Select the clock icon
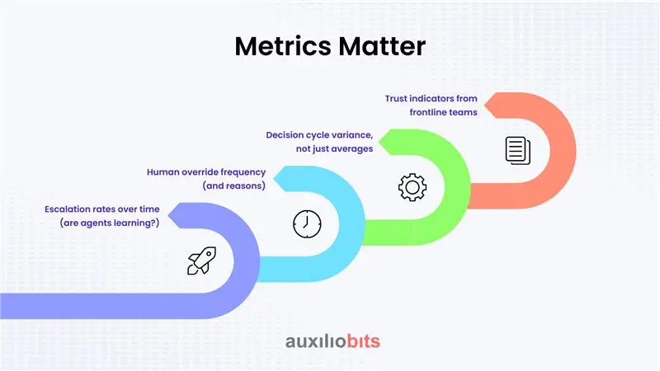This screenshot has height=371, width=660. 306,223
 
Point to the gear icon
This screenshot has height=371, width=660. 412,186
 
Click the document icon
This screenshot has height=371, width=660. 517,149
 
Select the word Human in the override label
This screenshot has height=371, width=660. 163,172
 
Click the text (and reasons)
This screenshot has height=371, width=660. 234,186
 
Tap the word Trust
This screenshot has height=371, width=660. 398,98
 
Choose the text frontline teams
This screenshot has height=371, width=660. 443,112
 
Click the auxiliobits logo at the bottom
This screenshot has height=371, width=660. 332,341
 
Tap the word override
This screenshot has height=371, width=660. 199,172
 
